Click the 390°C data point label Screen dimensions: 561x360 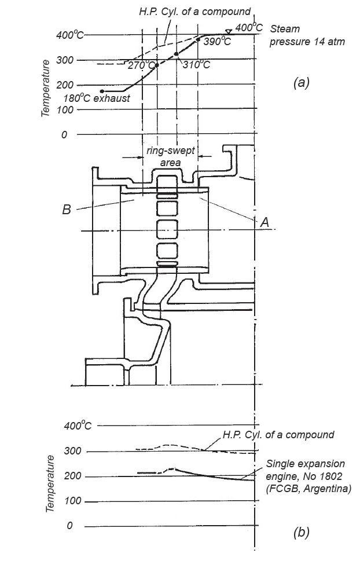(218, 42)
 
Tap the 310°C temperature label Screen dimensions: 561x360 (196, 64)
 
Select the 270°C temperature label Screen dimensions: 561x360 (141, 65)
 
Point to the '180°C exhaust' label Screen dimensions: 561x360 (97, 98)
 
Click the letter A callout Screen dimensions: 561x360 (265, 221)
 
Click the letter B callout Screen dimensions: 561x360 (67, 209)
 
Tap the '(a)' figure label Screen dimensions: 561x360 (302, 83)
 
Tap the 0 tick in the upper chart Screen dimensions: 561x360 (64, 134)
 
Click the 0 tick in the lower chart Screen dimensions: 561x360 (69, 526)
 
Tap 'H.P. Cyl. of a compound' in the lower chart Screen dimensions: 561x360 (278, 434)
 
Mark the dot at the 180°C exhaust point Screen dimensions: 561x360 (102, 91)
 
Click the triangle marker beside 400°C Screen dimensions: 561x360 (229, 31)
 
